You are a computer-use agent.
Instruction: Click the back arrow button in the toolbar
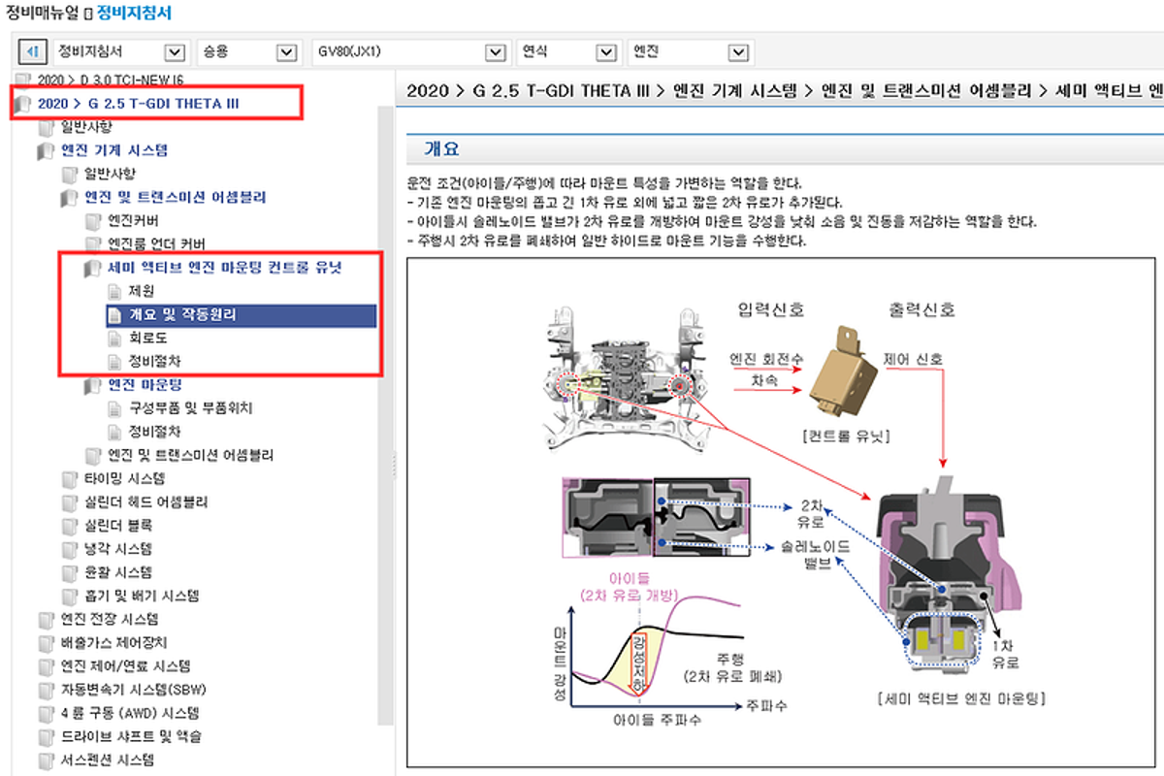point(33,51)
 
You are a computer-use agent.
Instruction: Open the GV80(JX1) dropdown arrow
point(496,52)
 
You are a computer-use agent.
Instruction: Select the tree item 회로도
point(147,338)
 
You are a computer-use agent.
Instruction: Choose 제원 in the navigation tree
point(142,291)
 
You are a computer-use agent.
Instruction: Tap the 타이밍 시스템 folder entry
point(124,478)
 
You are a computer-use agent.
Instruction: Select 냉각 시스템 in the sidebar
point(118,549)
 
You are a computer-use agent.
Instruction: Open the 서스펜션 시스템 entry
point(107,760)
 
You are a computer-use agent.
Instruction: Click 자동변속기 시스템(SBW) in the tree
point(134,690)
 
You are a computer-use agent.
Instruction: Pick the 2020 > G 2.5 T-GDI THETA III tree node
point(138,104)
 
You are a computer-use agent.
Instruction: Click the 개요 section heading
point(441,149)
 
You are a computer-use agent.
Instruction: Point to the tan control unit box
point(843,372)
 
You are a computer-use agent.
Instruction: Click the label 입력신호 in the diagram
point(770,309)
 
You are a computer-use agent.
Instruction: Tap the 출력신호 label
point(921,309)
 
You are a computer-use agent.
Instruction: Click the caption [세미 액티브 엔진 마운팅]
point(961,698)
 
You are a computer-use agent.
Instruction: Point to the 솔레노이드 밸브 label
point(816,555)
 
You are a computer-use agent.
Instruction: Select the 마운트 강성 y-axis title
point(560,663)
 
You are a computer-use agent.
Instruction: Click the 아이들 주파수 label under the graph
point(657,720)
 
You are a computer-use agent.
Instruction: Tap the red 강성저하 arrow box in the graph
point(639,663)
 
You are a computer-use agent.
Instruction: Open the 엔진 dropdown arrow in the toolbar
point(738,52)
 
